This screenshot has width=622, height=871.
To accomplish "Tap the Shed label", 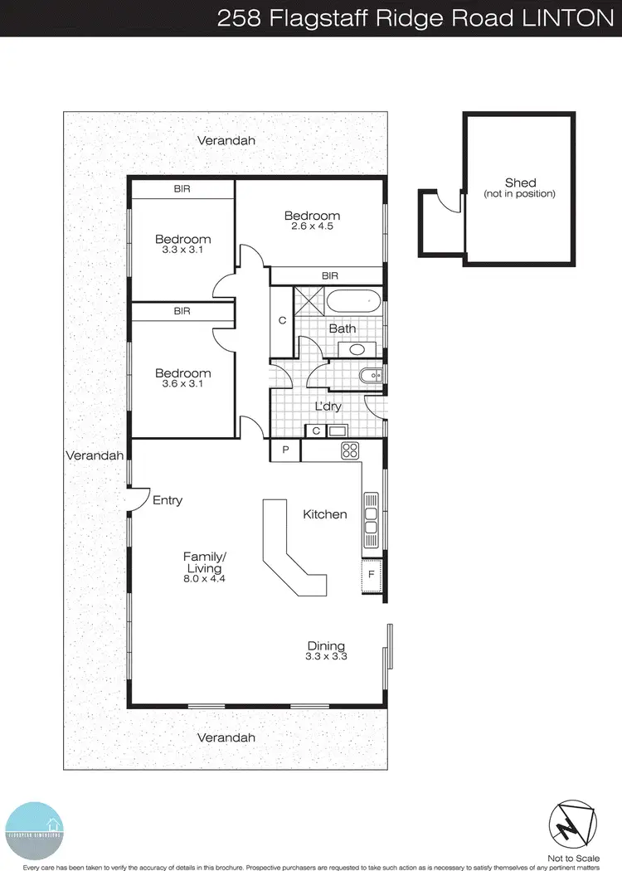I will click(520, 182).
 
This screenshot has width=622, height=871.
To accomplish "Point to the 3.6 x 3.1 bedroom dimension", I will click(182, 384).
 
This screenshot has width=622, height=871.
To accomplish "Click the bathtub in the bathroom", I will click(352, 300).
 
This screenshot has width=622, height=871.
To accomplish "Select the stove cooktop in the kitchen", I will click(350, 451).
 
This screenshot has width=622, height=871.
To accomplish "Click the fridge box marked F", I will click(372, 572).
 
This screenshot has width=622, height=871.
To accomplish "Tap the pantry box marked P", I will click(285, 450).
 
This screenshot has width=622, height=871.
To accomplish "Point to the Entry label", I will click(168, 500).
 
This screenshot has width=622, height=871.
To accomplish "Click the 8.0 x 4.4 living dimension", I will click(204, 580).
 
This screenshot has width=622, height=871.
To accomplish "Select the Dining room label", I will click(326, 646).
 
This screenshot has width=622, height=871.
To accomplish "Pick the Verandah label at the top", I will click(226, 141).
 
